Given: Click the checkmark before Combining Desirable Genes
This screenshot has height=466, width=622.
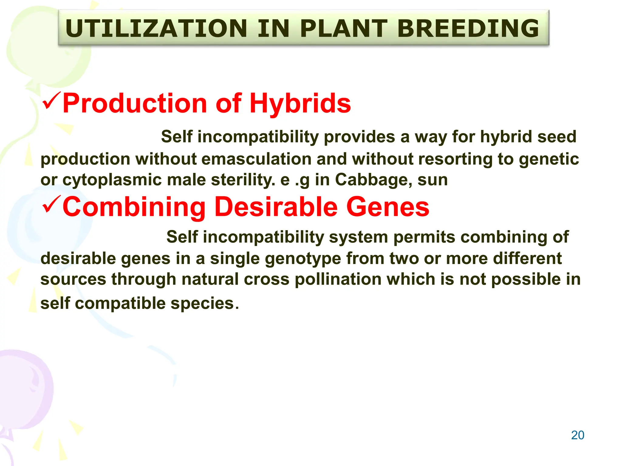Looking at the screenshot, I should pos(52,204).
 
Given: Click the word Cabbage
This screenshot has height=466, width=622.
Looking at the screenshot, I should pos(373,180).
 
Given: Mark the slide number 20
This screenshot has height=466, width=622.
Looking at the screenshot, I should pos(577,435).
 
